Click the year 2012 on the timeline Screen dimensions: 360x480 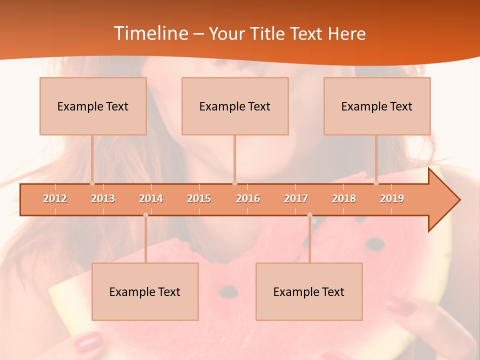point(55,198)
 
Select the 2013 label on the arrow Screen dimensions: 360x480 point(103,198)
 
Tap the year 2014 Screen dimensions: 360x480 point(151,198)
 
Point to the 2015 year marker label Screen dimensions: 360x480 point(199,198)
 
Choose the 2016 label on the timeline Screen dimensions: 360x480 point(248,198)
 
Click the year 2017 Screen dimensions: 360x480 point(296,198)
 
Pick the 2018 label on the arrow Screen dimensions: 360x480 point(344,198)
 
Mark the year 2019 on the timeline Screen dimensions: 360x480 point(392,198)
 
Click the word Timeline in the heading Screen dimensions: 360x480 point(150,33)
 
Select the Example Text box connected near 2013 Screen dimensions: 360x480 point(93,106)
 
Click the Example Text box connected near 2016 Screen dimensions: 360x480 point(235,106)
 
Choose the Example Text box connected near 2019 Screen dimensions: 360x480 point(377,106)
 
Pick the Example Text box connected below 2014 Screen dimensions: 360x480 point(145,291)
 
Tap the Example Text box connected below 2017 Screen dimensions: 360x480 point(309,291)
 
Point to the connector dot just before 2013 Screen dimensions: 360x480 point(92,183)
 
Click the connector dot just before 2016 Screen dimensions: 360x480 point(234,183)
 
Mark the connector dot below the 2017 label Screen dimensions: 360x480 point(309,215)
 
